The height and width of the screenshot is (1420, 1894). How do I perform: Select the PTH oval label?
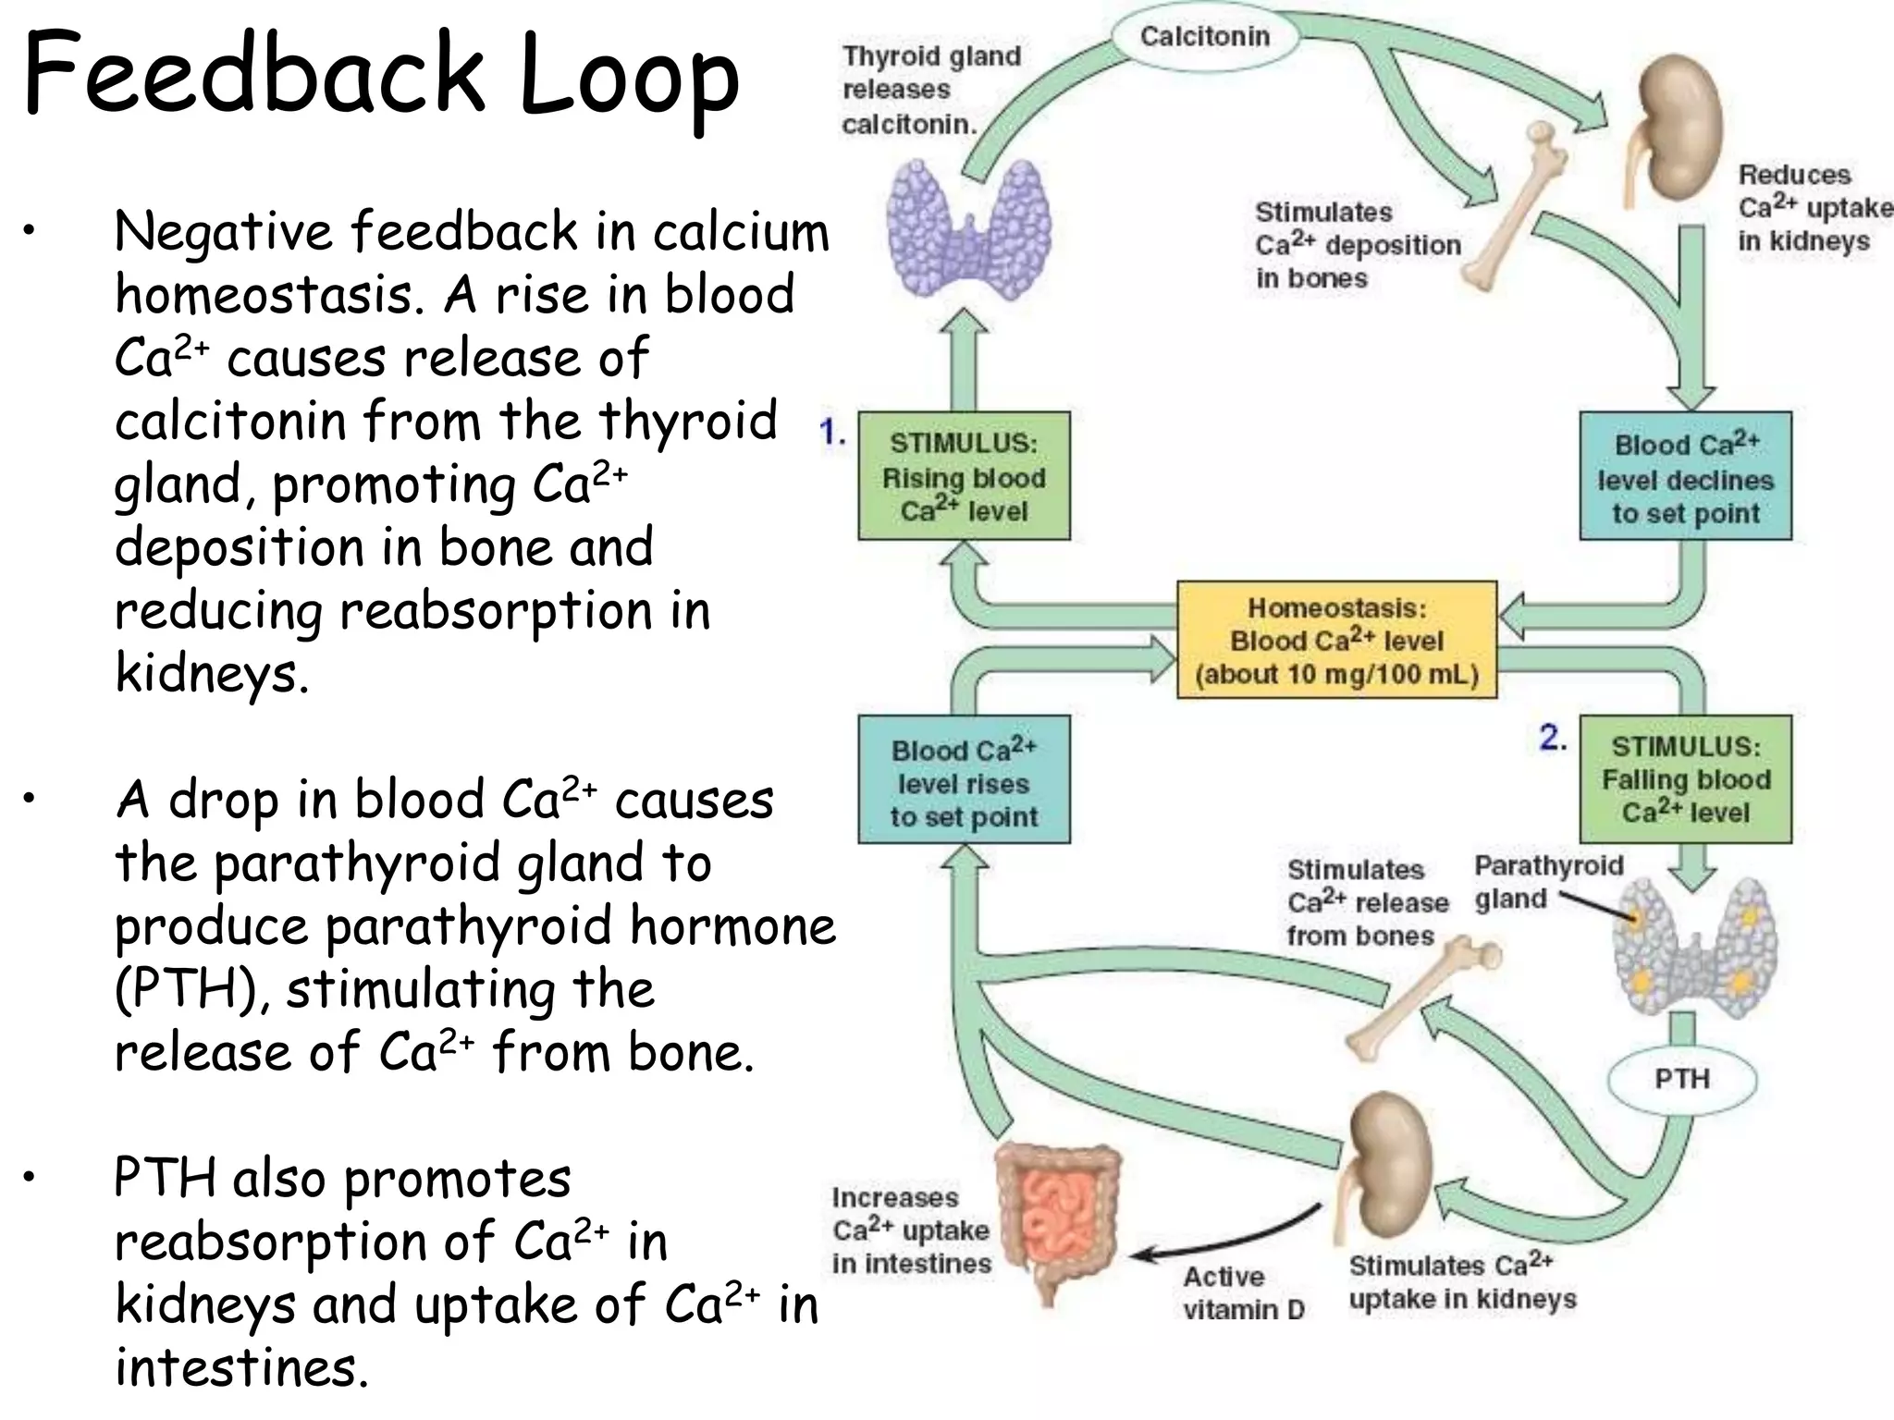click(x=1681, y=1078)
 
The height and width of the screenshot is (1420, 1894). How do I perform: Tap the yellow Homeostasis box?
click(x=1336, y=640)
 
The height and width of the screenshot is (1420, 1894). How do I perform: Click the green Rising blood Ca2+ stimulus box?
click(x=964, y=476)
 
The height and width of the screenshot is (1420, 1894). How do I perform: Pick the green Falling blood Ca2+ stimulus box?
click(x=1685, y=779)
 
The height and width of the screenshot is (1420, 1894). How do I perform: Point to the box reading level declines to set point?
click(x=1685, y=477)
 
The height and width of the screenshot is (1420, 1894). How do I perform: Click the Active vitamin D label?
click(x=1242, y=1292)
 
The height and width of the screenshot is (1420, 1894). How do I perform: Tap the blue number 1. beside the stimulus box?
click(x=832, y=432)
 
